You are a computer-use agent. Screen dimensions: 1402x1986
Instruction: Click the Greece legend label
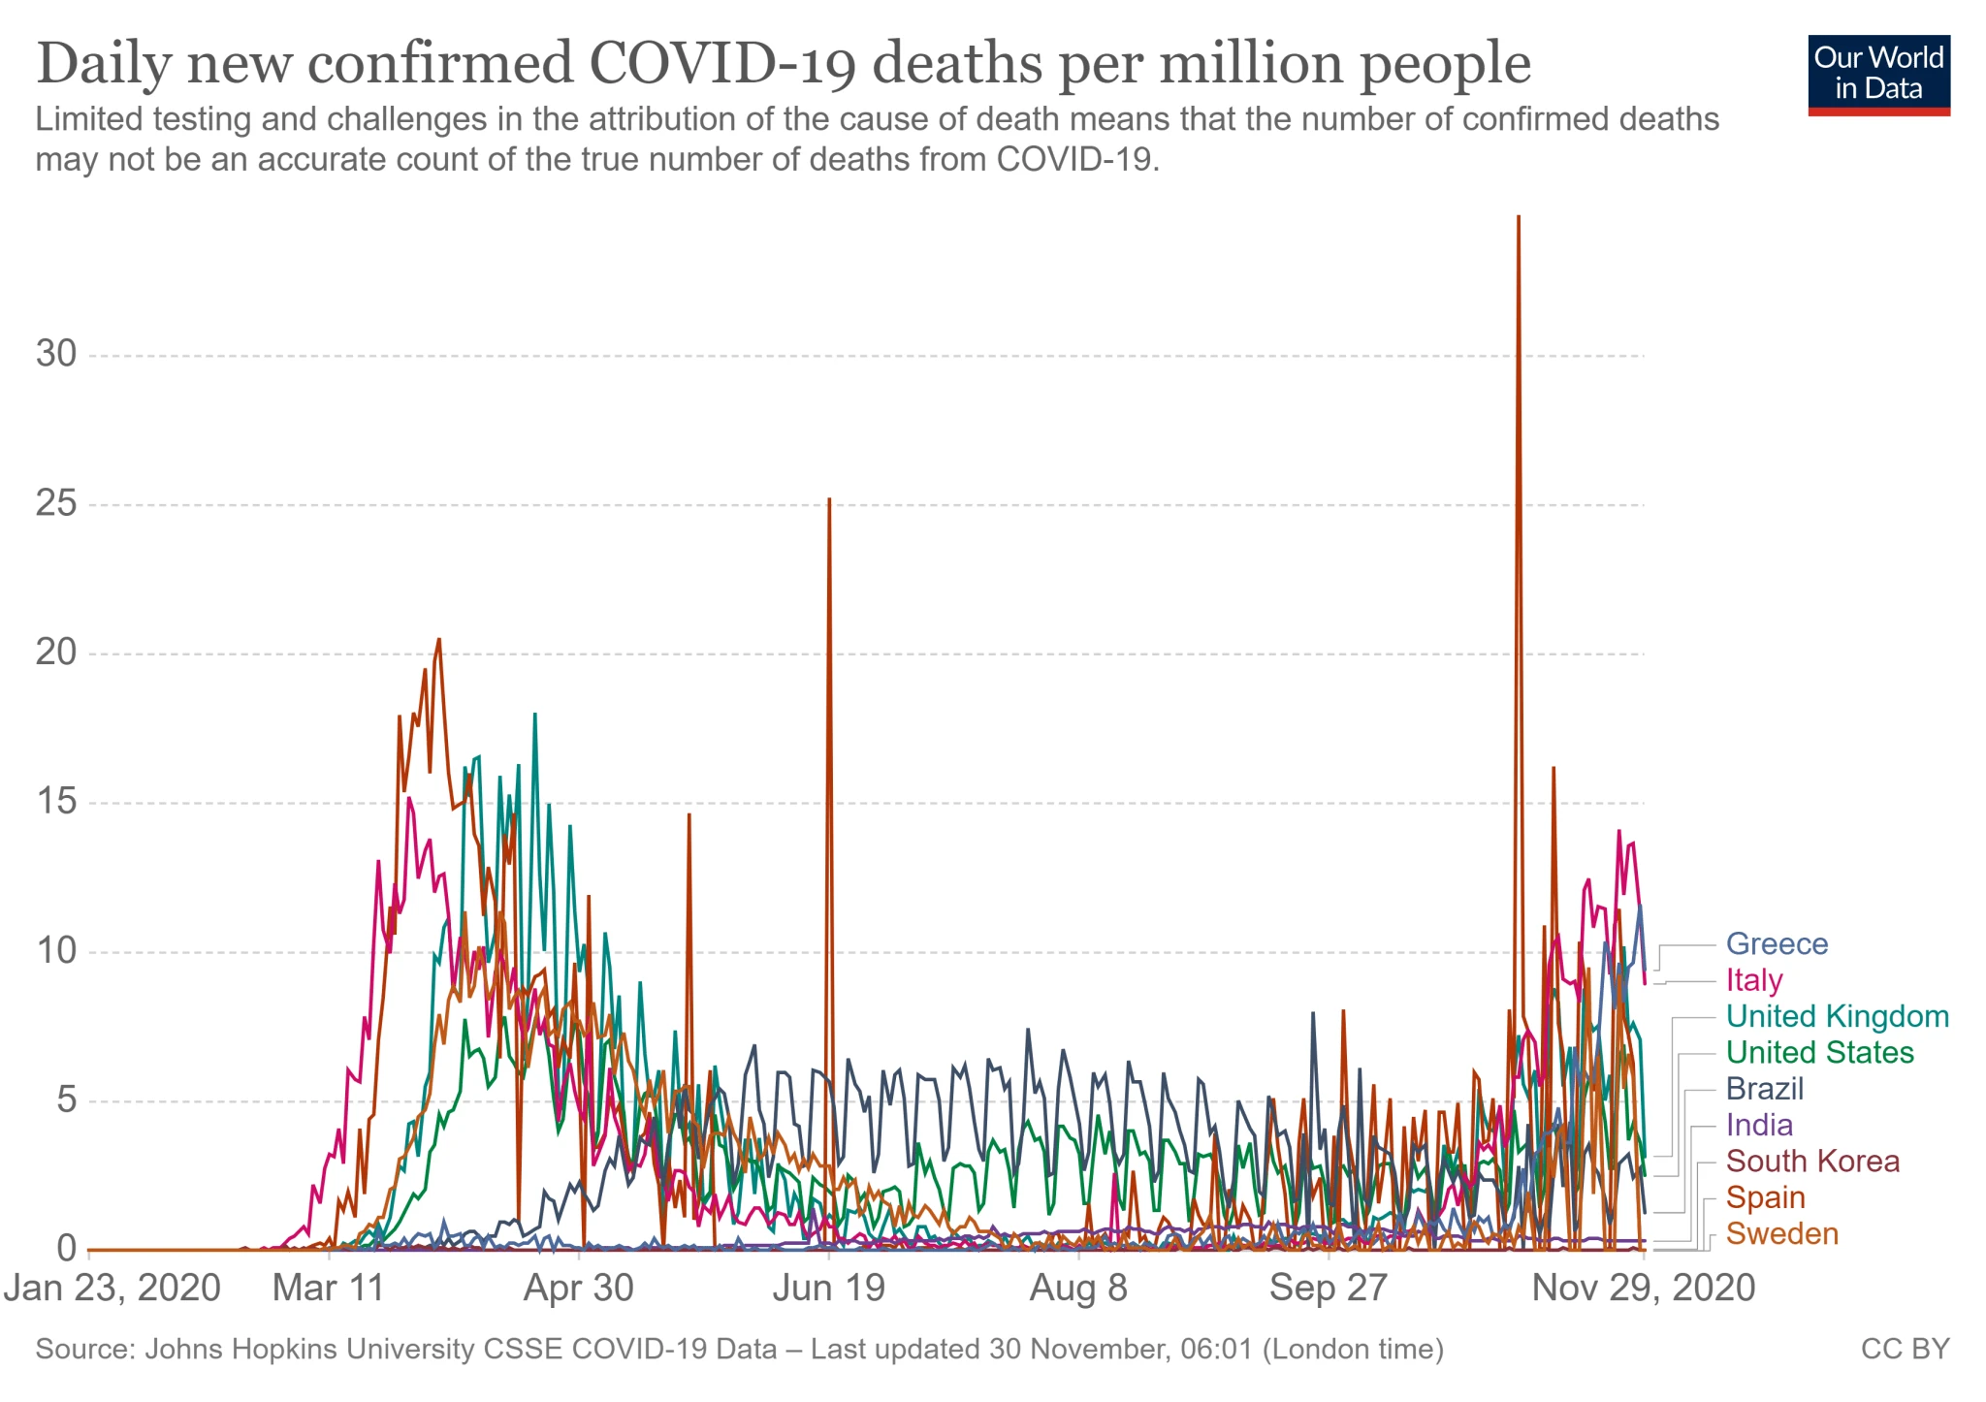1777,943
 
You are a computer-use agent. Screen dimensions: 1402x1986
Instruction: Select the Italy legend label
1753,980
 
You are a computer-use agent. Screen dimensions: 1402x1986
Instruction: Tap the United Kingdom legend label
1837,1016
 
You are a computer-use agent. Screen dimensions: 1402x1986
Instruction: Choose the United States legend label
1819,1053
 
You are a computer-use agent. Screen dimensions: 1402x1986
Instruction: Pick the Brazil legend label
1764,1089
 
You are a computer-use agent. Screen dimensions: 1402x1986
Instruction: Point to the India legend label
1759,1125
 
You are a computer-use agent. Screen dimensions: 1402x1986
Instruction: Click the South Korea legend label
1811,1162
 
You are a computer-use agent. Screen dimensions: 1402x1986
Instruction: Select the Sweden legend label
1781,1234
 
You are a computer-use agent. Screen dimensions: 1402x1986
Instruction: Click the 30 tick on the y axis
56,354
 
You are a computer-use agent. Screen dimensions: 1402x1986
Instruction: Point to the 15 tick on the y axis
56,802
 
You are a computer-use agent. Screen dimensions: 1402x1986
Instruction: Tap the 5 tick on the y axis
66,1100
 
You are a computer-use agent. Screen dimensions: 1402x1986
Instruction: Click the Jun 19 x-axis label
828,1289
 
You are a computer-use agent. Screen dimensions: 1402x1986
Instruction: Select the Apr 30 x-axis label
578,1289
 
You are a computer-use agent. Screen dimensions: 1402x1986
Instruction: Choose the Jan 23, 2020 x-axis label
112,1289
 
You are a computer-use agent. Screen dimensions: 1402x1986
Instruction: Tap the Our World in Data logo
1878,75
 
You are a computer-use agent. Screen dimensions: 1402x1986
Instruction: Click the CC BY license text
1905,1350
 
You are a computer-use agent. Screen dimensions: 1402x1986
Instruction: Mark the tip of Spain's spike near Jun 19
829,499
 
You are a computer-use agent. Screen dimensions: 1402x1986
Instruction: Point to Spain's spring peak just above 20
439,639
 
